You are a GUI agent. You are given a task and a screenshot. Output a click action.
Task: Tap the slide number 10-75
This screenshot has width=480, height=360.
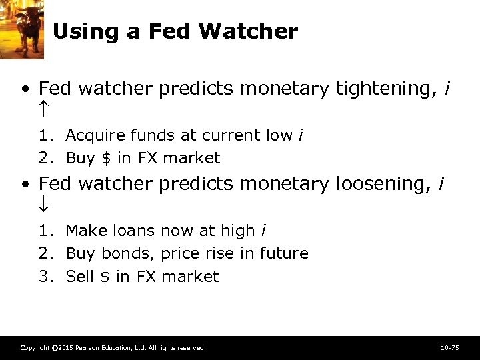(x=450, y=348)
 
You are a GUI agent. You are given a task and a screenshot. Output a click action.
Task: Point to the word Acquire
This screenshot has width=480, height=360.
(x=92, y=135)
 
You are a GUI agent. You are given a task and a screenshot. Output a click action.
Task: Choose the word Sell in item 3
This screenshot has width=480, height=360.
(x=80, y=277)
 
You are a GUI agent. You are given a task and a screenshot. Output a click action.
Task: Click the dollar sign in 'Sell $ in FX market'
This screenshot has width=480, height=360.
(x=105, y=277)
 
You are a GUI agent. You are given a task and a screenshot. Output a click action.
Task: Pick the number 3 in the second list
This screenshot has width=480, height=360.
(x=43, y=277)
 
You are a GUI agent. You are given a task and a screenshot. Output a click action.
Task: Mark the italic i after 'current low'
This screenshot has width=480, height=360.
(x=301, y=135)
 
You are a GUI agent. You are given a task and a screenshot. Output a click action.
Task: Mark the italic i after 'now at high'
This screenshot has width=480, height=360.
(x=264, y=231)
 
